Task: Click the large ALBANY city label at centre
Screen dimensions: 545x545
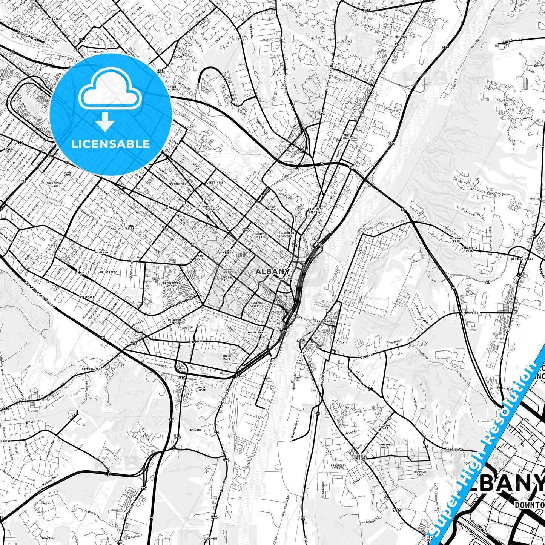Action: pyautogui.click(x=272, y=271)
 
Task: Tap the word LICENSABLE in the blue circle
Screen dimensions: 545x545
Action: pyautogui.click(x=111, y=144)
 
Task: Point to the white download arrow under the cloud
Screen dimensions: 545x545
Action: pyautogui.click(x=104, y=122)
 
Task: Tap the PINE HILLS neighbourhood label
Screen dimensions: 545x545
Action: pyautogui.click(x=130, y=227)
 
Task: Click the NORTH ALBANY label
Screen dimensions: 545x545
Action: pyautogui.click(x=346, y=137)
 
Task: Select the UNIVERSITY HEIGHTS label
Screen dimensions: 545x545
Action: pyautogui.click(x=171, y=285)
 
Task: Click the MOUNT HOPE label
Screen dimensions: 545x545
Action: pyautogui.click(x=202, y=389)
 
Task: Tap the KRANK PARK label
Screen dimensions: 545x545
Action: pyautogui.click(x=227, y=357)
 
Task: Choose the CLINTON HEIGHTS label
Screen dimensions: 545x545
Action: pyautogui.click(x=361, y=457)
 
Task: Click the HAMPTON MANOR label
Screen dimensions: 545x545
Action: pyautogui.click(x=385, y=446)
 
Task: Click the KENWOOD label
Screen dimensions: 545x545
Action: pyautogui.click(x=195, y=430)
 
